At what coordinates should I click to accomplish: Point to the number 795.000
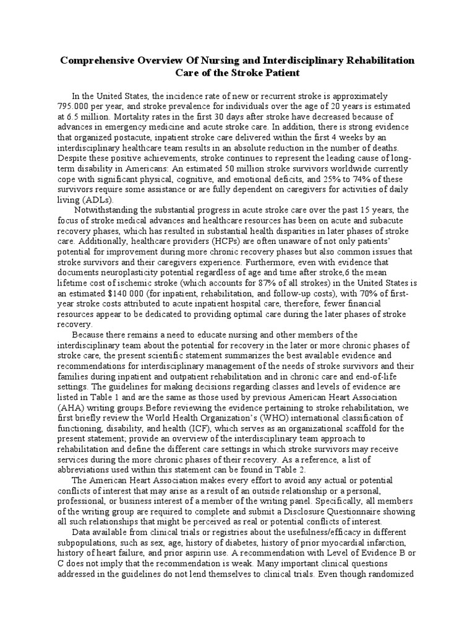click(x=73, y=106)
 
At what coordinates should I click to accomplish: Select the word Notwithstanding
click(x=106, y=210)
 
